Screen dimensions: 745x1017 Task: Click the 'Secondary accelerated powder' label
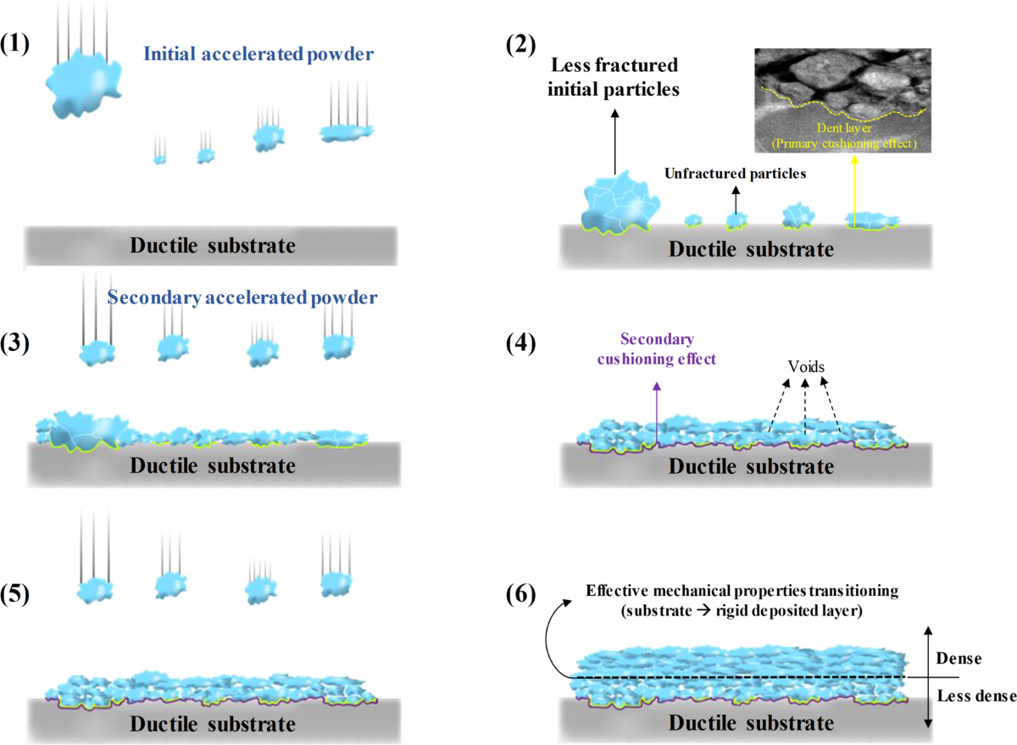pos(242,298)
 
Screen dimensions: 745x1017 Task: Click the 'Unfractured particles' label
pos(733,173)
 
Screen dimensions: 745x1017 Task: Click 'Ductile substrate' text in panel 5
pos(213,724)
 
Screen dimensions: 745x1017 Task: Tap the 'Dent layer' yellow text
pos(843,133)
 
